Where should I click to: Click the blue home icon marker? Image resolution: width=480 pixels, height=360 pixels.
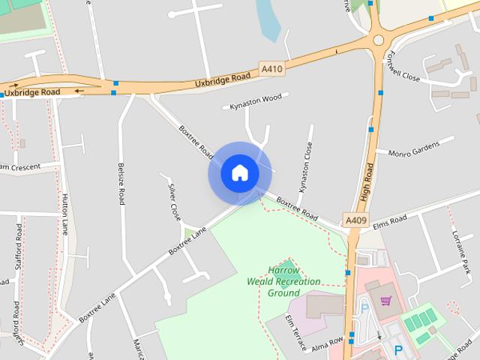pos(239,173)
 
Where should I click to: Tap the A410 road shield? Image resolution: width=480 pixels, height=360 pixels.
pos(272,70)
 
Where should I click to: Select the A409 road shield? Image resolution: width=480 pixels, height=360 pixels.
pos(355,220)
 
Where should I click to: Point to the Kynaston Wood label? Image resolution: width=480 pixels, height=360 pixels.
pos(256,99)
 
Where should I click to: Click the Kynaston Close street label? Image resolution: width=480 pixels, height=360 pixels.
pos(304,166)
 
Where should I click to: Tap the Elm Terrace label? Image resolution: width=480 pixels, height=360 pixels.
pos(295,331)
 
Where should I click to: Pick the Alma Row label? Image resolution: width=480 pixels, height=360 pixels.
pos(328,343)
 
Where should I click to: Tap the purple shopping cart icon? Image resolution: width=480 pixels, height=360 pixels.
pos(386,301)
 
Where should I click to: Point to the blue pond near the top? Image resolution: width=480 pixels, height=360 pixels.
pos(268,19)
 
